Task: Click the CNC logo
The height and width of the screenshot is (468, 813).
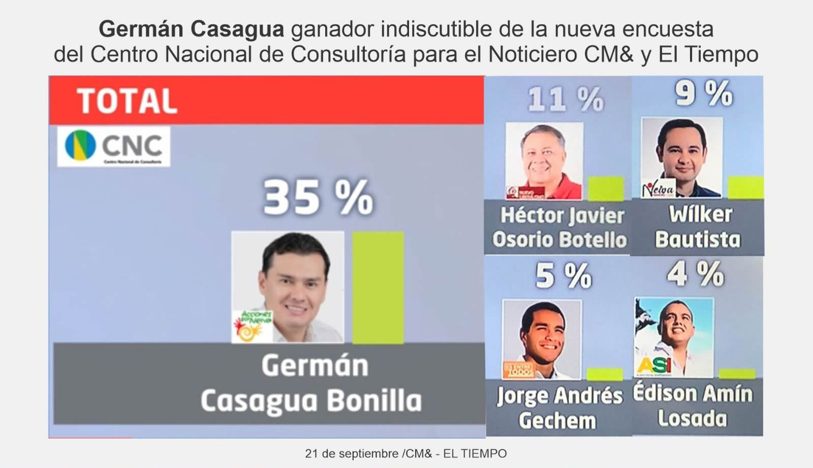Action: click(x=113, y=146)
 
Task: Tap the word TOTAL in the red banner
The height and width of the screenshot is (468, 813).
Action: click(x=127, y=101)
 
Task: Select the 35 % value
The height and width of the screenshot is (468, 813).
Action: click(x=318, y=197)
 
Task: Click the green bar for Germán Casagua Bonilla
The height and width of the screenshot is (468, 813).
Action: click(x=378, y=287)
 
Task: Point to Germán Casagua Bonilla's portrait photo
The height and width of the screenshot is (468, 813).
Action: click(x=288, y=287)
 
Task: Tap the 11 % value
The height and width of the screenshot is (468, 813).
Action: click(x=565, y=99)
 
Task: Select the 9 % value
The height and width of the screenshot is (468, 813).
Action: click(x=703, y=94)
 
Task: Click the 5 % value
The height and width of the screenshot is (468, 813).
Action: click(x=563, y=276)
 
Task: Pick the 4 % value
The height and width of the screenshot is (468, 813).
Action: click(x=695, y=274)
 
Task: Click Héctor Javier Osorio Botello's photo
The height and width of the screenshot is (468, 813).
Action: click(x=544, y=160)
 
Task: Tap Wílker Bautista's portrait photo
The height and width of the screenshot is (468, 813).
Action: click(x=681, y=157)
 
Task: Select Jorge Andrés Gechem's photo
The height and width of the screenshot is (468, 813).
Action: click(x=541, y=339)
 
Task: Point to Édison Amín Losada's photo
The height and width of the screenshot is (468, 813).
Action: click(x=674, y=337)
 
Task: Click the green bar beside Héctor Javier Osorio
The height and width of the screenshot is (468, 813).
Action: click(x=606, y=188)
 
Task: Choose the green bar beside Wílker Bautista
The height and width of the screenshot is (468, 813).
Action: click(x=745, y=187)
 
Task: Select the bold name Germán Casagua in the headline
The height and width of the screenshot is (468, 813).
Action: click(x=191, y=29)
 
